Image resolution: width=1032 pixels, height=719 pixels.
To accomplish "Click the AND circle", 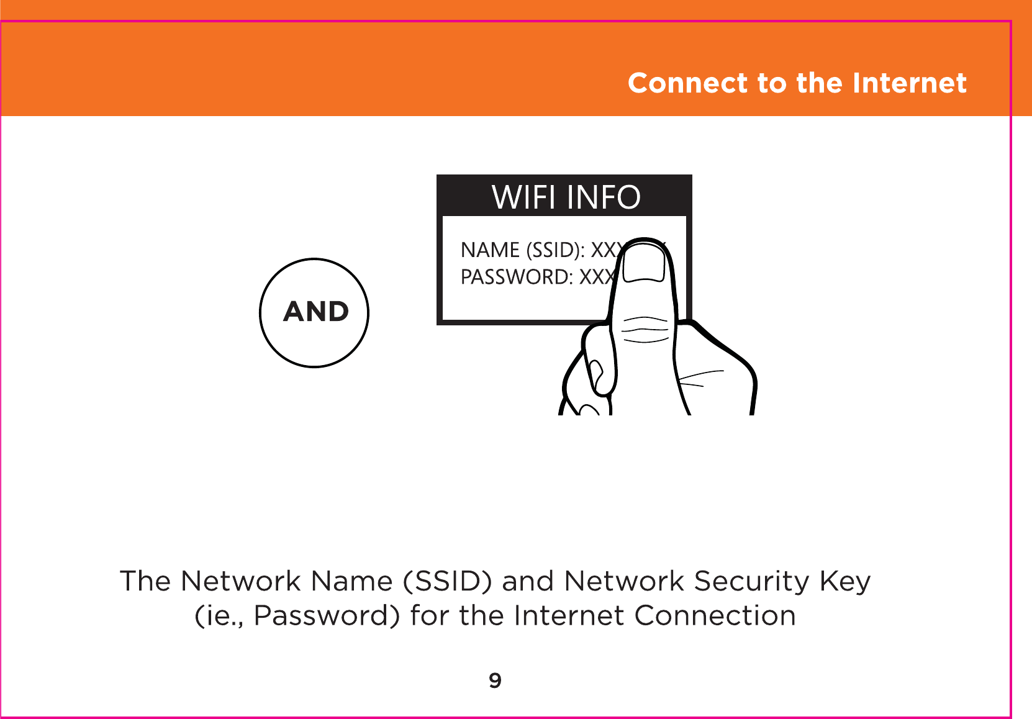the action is (314, 312).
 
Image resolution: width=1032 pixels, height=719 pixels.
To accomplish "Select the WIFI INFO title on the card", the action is (566, 197).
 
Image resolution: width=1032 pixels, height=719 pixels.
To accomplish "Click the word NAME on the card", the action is (490, 250).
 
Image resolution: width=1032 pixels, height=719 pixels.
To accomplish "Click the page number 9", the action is (495, 681).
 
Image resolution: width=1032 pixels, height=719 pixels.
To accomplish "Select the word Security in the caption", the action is (752, 582).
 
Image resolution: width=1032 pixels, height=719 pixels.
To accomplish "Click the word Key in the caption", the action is (845, 582).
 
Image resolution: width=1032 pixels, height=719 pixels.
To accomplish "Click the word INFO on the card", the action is (603, 197).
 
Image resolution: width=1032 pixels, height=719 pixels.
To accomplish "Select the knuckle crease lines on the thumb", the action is (646, 330).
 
